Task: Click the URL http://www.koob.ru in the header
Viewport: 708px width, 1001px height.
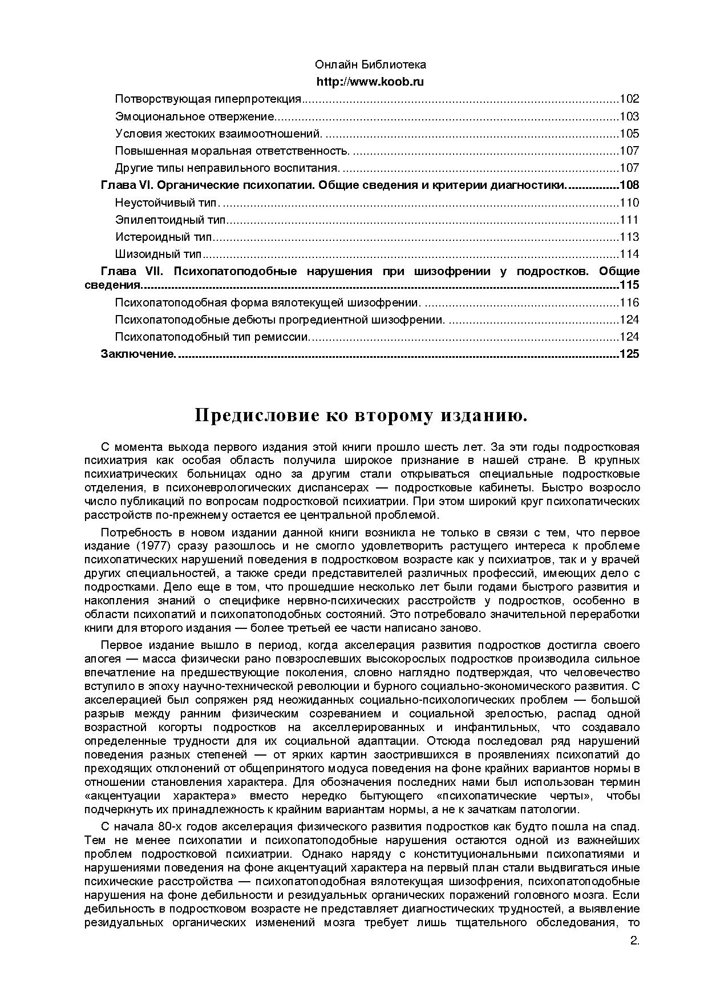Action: pos(370,82)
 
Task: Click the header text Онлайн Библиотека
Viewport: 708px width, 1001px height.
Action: pos(370,65)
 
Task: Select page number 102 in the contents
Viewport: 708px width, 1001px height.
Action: pos(629,99)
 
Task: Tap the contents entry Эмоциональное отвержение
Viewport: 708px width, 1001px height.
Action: pos(194,116)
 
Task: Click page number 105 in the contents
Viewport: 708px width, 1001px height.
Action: pos(629,134)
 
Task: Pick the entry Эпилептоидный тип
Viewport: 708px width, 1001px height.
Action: pos(170,220)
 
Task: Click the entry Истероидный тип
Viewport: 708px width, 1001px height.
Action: pos(163,237)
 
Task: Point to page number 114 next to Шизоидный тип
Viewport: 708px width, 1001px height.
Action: pos(629,254)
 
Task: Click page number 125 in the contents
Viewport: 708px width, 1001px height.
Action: pos(629,354)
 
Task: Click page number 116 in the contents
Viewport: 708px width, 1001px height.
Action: pos(629,302)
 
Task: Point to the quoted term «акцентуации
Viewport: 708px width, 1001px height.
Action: pos(118,796)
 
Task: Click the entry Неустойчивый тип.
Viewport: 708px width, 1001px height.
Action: pos(166,203)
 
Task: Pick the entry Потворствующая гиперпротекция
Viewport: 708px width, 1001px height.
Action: pos(208,99)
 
